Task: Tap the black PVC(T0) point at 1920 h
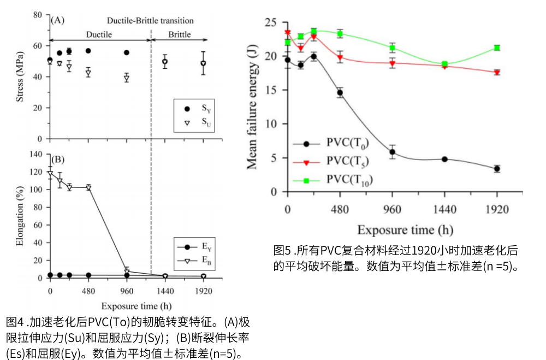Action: coord(497,169)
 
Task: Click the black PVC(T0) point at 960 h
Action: coord(392,152)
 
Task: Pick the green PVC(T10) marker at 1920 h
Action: coord(497,48)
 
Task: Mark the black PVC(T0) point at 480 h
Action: coord(340,92)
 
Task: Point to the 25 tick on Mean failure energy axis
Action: coord(269,22)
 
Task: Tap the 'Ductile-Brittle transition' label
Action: coord(150,21)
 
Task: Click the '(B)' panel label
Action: coord(57,160)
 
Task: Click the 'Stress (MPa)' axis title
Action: coord(20,76)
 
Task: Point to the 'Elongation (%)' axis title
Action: coord(20,217)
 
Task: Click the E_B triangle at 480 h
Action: coord(88,187)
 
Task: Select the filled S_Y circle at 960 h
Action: coord(127,52)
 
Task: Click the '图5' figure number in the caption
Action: coord(282,252)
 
